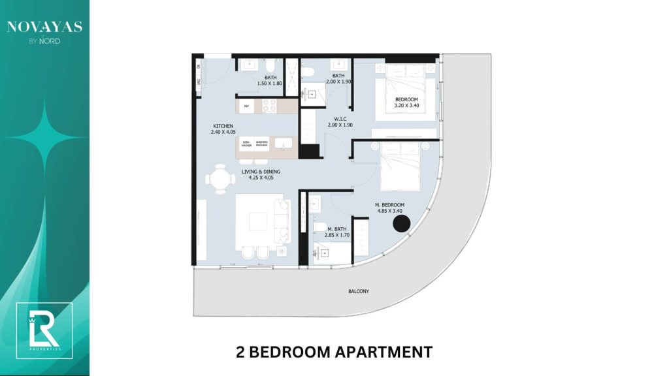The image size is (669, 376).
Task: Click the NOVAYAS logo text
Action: click(x=44, y=27)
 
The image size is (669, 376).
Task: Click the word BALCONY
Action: click(x=359, y=291)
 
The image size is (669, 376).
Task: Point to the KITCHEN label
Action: click(x=223, y=126)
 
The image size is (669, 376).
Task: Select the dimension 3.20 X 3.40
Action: click(x=406, y=105)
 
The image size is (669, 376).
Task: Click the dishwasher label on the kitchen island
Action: click(x=247, y=144)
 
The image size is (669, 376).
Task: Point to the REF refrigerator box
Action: click(x=246, y=106)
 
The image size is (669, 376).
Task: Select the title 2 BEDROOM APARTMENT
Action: click(x=334, y=352)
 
